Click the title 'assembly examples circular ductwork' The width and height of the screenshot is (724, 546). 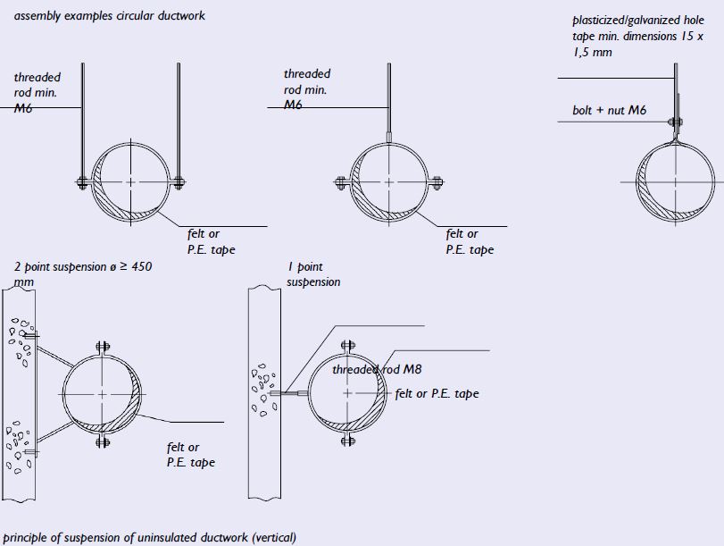click(x=110, y=16)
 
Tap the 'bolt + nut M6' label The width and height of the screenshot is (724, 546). click(x=609, y=110)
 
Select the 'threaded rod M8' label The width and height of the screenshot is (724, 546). click(x=377, y=369)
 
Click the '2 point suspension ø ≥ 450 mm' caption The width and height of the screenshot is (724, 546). click(x=83, y=273)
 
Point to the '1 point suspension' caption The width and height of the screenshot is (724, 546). click(x=313, y=274)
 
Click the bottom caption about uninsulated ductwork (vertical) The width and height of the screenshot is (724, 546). click(x=150, y=538)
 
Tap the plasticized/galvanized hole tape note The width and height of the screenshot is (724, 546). click(x=638, y=36)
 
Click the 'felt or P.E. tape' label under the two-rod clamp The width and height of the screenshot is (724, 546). click(x=211, y=241)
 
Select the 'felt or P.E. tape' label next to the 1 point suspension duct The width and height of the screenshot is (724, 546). click(x=437, y=393)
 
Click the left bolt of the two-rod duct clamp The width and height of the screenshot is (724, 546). click(x=82, y=182)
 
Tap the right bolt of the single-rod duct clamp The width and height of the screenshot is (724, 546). click(x=437, y=182)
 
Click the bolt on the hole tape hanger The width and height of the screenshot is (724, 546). click(x=675, y=122)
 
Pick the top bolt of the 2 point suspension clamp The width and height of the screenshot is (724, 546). click(x=103, y=347)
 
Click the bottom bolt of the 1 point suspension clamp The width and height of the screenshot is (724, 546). click(x=348, y=440)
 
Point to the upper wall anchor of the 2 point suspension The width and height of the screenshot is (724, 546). click(x=31, y=335)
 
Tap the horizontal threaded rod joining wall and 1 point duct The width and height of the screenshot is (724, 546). click(x=289, y=393)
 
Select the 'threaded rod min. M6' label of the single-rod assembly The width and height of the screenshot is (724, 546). click(x=307, y=89)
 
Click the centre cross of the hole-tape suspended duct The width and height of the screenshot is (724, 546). click(x=675, y=182)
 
